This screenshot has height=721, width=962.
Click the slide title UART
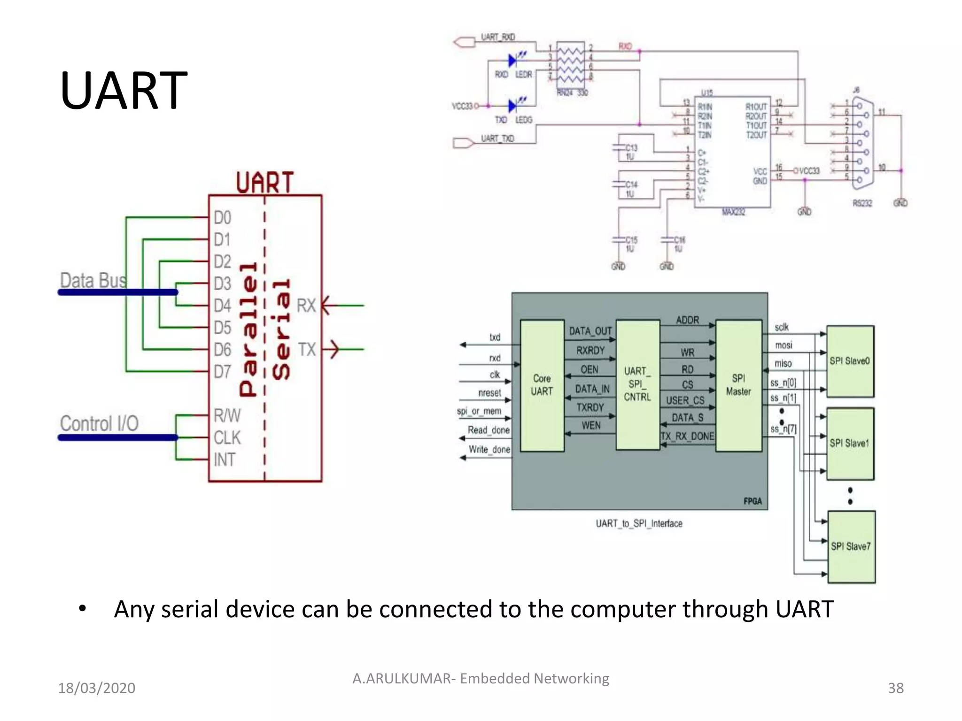point(124,90)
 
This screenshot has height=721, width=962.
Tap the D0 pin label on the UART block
point(222,218)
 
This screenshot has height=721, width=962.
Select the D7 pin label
point(222,372)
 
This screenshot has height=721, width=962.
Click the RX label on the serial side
point(306,306)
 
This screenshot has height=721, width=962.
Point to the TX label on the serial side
point(307,350)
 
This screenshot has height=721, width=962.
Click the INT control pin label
point(224,460)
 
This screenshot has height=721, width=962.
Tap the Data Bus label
point(93,281)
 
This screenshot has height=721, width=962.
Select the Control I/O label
point(99,424)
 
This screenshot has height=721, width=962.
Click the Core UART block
point(542,385)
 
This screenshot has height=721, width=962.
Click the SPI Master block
point(738,385)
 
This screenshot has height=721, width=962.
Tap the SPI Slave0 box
point(850,361)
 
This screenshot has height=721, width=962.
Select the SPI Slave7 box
point(851,546)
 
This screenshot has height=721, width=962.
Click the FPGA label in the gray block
point(753,501)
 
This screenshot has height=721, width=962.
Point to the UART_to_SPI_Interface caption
point(639,523)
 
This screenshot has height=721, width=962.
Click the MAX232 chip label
point(733,212)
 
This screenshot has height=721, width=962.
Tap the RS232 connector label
point(862,203)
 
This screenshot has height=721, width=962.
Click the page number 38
point(895,688)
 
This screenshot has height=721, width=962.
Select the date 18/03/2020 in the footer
point(96,688)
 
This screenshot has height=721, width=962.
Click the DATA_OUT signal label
point(590,331)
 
